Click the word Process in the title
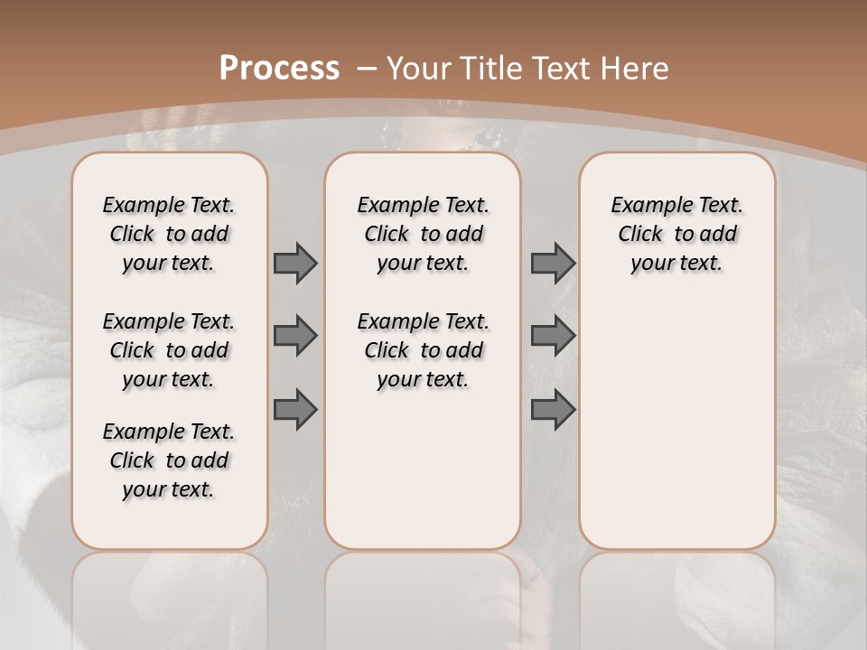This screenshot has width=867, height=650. pos(279,68)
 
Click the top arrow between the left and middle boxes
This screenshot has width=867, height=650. pos(295,263)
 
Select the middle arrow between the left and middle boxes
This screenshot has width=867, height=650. pos(295,336)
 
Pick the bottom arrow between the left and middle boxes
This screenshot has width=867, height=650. pos(295,410)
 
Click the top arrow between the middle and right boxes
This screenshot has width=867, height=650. pos(553,263)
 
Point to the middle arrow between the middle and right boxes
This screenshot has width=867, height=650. pos(553,336)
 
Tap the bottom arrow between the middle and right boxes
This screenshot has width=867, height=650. pos(553,410)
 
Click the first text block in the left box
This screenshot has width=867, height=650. pos(169,234)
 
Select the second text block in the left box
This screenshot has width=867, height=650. pos(169,350)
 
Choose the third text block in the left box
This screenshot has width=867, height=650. pos(169,460)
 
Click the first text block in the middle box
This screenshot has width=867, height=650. pos(424,234)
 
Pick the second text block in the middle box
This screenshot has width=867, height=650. pos(424,350)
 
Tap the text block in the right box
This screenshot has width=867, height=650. pos(677,234)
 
